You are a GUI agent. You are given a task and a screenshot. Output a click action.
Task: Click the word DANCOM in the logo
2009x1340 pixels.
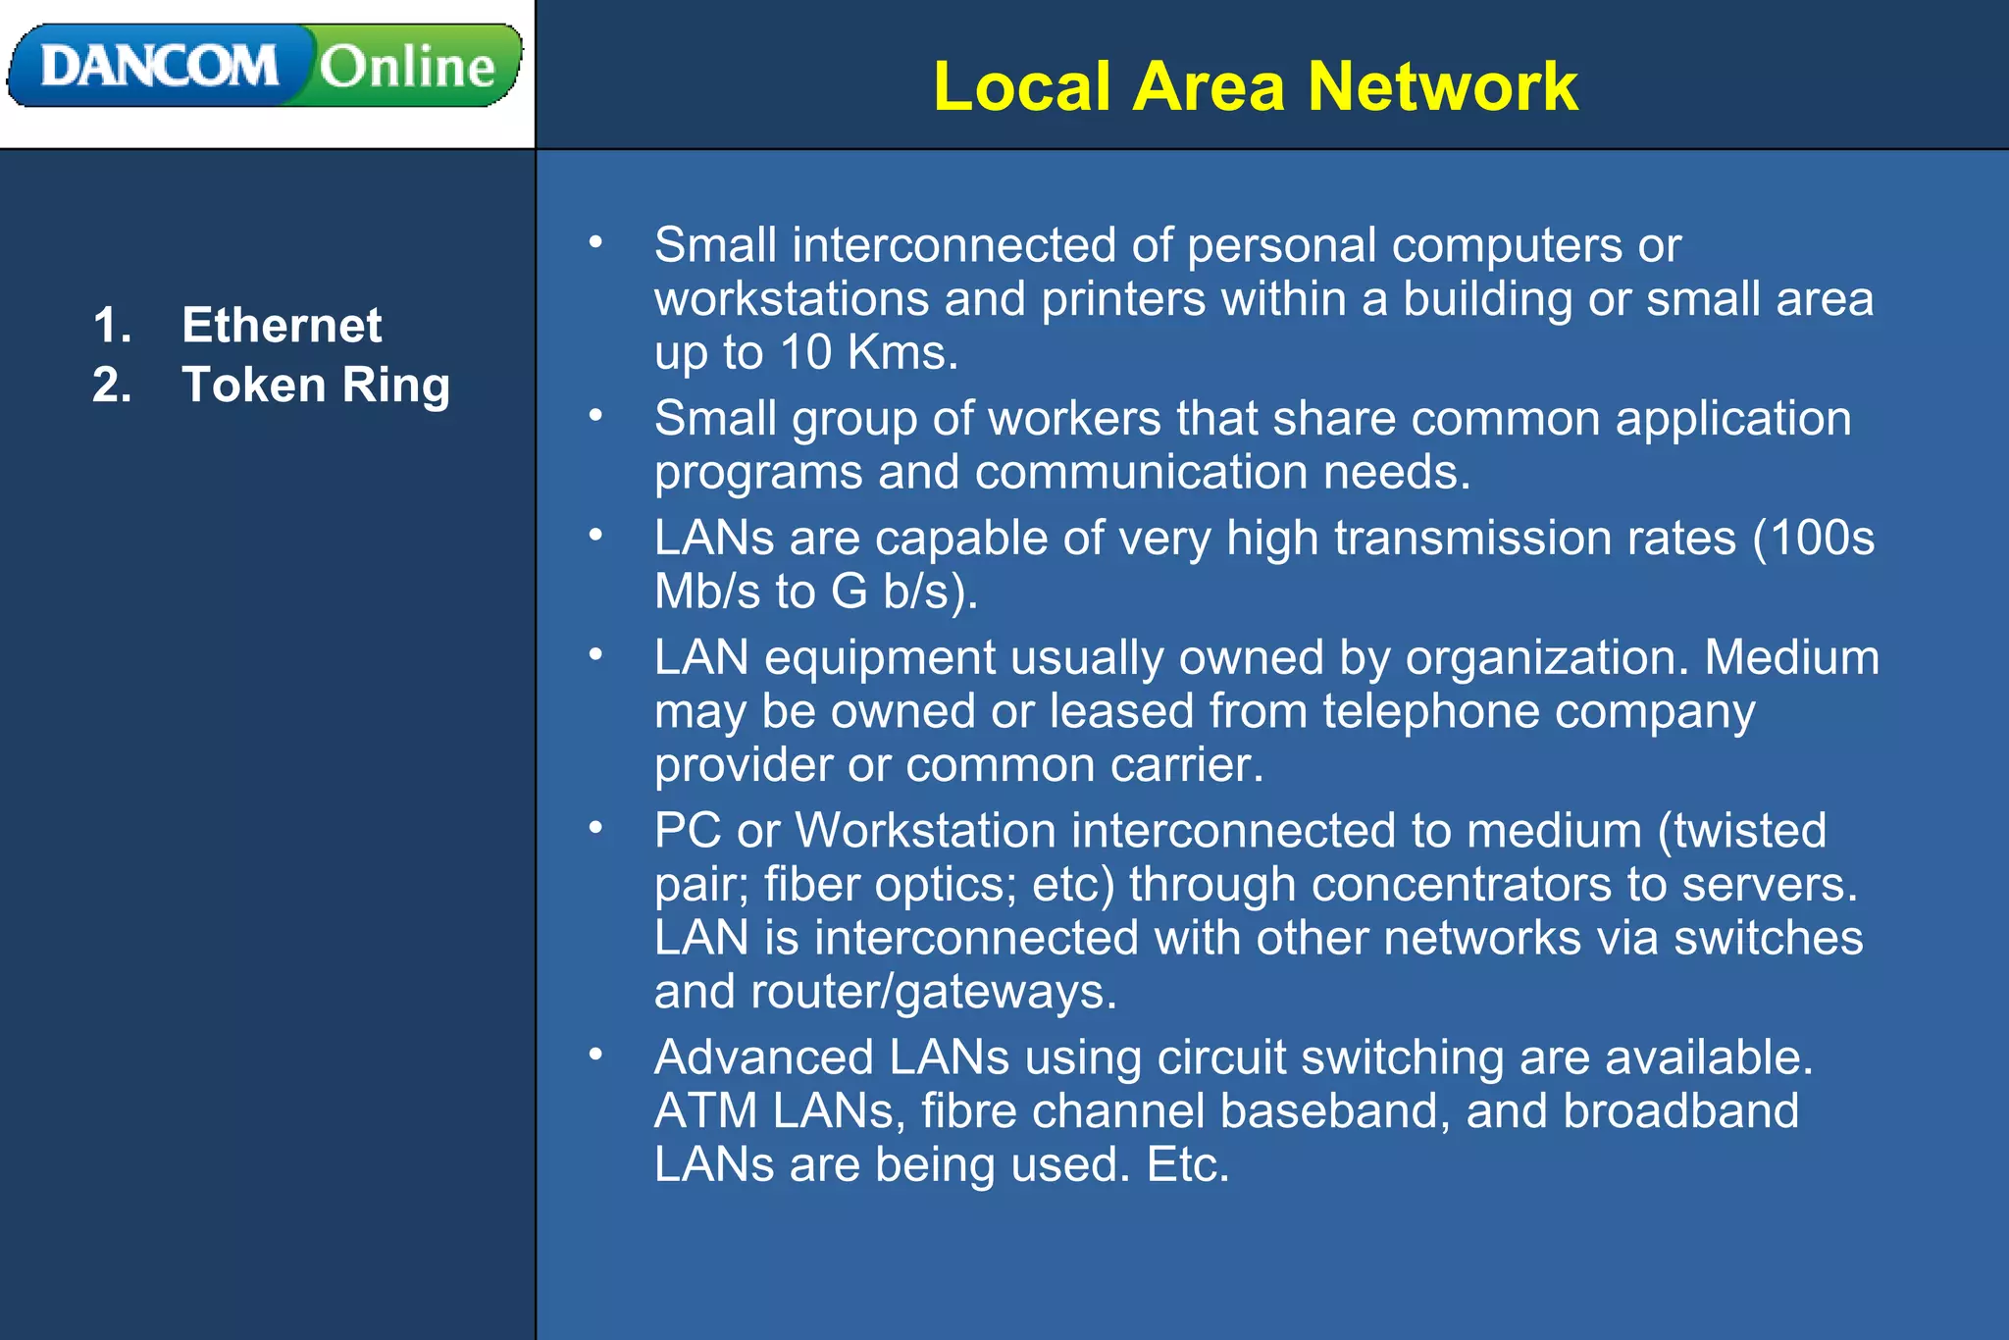tap(159, 67)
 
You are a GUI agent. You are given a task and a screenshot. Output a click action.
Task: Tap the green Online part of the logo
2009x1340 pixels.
tap(408, 67)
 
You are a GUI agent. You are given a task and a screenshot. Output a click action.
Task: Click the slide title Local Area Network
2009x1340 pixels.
tap(1255, 86)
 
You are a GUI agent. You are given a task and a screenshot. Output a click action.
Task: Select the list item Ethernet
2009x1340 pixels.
tap(282, 325)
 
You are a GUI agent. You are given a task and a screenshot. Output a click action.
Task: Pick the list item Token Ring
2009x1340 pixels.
tap(316, 385)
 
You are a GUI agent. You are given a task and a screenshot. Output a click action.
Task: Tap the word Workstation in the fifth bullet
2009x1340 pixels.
tap(924, 831)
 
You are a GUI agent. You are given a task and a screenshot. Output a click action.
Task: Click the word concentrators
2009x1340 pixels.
tap(1462, 885)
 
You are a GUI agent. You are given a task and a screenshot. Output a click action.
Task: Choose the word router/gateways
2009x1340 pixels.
tap(933, 992)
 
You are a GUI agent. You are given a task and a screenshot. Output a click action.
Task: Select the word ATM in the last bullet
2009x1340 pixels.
tap(706, 1111)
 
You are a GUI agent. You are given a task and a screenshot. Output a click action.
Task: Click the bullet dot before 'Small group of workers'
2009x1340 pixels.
tap(595, 416)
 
